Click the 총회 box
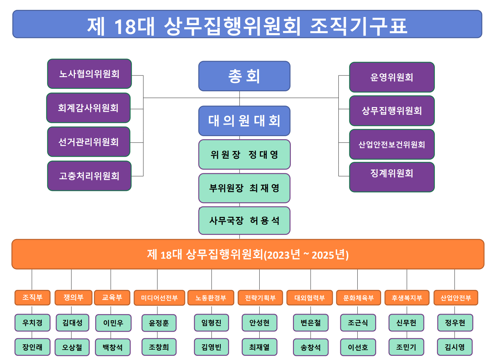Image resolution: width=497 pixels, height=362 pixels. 244,76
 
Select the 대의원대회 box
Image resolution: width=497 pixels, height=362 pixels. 244,121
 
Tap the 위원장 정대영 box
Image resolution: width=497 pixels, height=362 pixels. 244,154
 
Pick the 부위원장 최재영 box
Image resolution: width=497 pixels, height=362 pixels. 244,188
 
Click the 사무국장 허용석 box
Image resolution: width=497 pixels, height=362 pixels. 244,221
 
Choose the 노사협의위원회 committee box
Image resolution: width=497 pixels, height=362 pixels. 89,74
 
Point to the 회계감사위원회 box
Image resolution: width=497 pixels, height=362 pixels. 88,108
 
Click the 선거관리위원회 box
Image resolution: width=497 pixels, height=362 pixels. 89,142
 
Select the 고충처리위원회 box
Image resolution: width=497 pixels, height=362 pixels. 89,176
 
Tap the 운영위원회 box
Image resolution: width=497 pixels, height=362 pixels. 392,77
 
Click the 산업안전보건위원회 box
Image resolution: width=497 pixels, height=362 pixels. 392,144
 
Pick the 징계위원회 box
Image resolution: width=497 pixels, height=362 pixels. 392,177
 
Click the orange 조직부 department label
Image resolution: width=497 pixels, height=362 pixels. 32,298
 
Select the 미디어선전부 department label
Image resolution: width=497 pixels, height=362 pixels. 159,298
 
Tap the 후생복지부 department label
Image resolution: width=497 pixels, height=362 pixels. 407,298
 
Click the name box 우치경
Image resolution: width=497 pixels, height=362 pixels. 32,323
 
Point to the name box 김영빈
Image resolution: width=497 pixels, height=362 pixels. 211,347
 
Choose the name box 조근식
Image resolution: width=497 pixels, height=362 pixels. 358,323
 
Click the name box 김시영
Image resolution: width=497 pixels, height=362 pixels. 455,347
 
